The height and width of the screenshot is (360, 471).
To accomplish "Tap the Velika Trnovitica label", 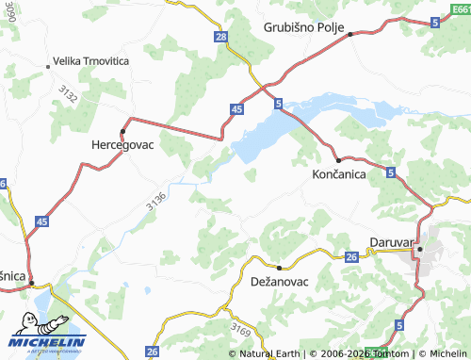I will (91, 60).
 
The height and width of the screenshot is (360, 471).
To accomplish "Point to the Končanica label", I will (339, 175).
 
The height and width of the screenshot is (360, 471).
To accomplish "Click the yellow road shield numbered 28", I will (220, 37).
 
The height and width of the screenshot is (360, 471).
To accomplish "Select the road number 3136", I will (156, 200).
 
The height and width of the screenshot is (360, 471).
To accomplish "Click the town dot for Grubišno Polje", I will (349, 34).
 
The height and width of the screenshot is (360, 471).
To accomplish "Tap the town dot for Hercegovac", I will (122, 129).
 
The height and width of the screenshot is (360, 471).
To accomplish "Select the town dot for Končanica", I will (338, 160).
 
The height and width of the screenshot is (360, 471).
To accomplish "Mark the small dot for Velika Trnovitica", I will (48, 66).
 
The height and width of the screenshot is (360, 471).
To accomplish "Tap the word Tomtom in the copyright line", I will (389, 353).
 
